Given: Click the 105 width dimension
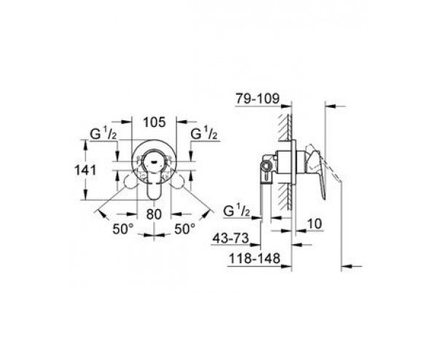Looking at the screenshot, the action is [x=155, y=122].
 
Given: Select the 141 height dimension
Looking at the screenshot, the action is [x=85, y=170].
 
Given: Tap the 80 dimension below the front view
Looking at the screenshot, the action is [x=154, y=214].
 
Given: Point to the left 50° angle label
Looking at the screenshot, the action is [x=123, y=229].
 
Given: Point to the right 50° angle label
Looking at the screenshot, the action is [x=185, y=229].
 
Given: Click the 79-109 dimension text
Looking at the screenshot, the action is [x=258, y=98].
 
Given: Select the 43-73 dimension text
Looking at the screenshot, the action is [x=231, y=238].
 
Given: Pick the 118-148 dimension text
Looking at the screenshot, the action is [x=255, y=259].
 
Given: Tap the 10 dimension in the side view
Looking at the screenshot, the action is [x=314, y=224].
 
